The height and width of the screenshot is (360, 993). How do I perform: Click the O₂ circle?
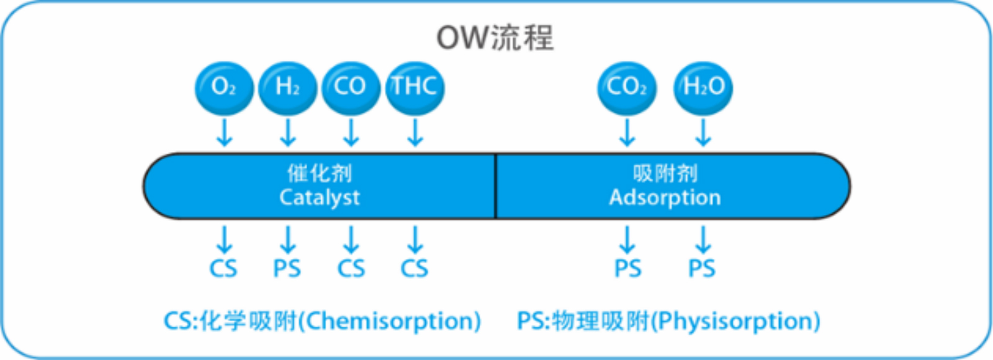pos(224,88)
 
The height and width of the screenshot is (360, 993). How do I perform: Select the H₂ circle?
pos(287,88)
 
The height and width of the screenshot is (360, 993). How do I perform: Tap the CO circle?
pos(351,88)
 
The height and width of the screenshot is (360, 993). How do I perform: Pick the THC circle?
pos(415,88)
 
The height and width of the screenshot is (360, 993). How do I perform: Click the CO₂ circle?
pos(627,88)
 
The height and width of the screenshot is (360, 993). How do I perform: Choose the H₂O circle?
pos(703,88)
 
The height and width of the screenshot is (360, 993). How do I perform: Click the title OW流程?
pos(495,38)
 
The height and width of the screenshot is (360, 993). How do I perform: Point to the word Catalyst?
pos(320,197)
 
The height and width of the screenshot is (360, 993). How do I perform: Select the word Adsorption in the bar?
pos(665,197)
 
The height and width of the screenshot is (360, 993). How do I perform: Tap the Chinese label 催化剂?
pos(320,173)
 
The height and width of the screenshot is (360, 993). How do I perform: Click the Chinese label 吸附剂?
pos(665,173)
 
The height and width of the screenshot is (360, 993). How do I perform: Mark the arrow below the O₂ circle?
pos(224,132)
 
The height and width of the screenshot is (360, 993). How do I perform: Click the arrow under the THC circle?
pos(415,132)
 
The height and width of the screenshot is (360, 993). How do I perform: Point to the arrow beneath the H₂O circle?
pos(703,132)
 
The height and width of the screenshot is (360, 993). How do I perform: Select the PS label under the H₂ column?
pos(287,269)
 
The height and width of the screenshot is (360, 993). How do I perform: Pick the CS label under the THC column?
pos(414,269)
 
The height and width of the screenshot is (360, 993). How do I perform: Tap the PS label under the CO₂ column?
pos(627,269)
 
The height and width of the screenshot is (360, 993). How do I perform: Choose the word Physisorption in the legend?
pos(737,322)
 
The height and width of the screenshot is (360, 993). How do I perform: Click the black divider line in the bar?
pos(495,186)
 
